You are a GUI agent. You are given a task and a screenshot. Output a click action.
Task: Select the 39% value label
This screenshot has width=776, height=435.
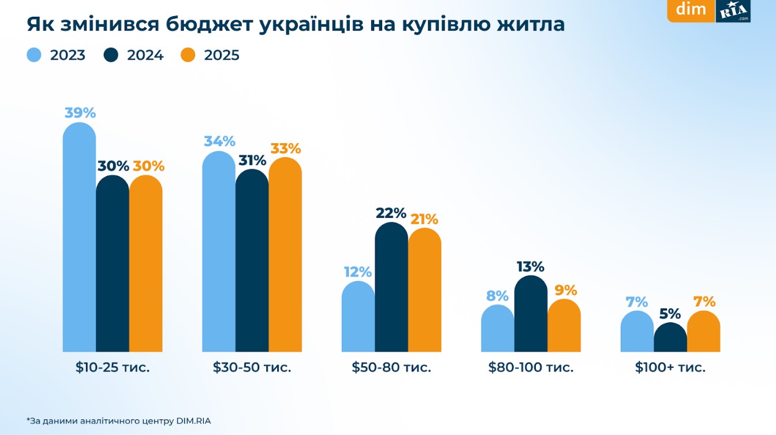coord(80,113)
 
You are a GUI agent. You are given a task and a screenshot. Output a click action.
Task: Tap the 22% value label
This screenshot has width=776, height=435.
coord(391,213)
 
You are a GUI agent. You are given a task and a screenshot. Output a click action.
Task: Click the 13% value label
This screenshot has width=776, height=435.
coord(530,267)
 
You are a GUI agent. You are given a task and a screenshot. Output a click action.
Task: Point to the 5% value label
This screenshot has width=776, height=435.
coord(670,314)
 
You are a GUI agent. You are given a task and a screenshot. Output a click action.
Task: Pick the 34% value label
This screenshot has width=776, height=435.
coord(219,142)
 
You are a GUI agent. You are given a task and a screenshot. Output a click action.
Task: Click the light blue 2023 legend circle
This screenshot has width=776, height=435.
coord(34,55)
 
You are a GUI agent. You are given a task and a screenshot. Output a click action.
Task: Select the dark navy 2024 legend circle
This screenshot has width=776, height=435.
coord(111,55)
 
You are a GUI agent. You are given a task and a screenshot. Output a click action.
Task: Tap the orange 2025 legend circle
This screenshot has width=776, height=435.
coord(188,55)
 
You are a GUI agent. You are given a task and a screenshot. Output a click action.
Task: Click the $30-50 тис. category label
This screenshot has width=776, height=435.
coord(252,367)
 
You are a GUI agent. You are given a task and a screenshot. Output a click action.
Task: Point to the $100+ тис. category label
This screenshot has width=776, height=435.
coord(670,367)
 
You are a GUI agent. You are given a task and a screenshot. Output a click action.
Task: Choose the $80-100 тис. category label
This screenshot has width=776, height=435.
coord(531,367)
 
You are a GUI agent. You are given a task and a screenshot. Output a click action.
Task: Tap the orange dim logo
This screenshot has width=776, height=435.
coord(691,10)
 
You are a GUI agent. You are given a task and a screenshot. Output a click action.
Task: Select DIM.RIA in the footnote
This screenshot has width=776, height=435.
coord(193,421)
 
